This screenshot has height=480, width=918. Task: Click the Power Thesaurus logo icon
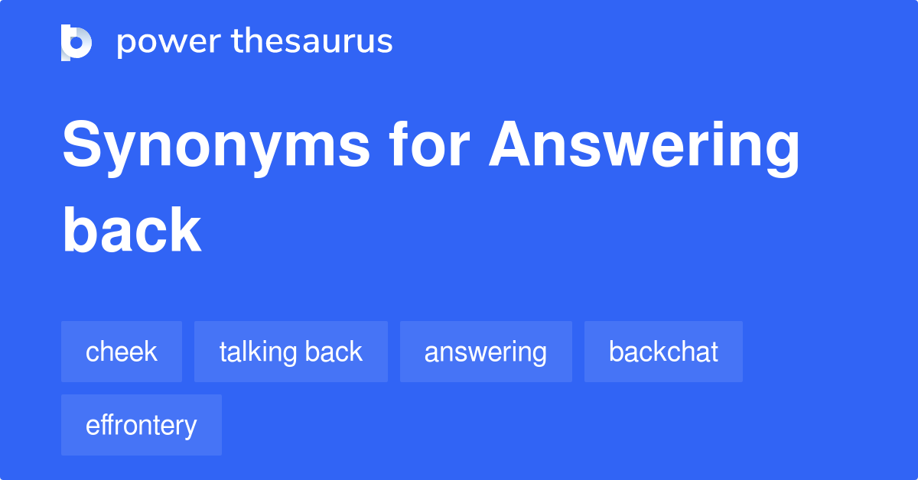[76, 42]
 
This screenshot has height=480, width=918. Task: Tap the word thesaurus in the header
[312, 42]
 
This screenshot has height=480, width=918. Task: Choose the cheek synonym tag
[122, 352]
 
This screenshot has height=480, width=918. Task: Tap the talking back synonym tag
[291, 352]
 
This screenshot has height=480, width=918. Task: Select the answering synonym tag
[486, 352]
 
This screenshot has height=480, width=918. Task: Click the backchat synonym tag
[663, 352]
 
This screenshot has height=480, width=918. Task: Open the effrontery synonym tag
[142, 425]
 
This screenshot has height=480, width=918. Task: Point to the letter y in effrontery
[190, 428]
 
